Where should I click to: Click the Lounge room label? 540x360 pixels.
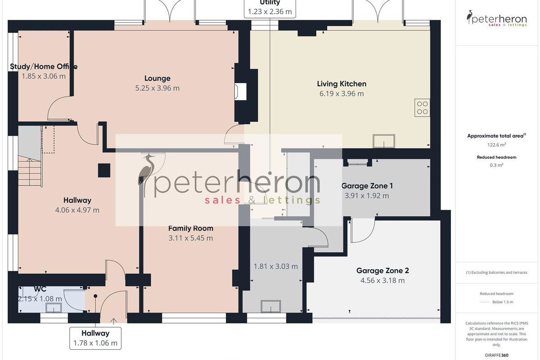click(x=157, y=78)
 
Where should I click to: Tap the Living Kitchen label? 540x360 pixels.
click(x=342, y=84)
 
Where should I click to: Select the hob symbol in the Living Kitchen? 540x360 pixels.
click(x=422, y=108)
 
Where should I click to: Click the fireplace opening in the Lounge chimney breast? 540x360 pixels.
click(x=241, y=92)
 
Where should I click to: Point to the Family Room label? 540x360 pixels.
click(x=191, y=228)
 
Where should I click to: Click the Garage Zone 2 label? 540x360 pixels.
click(x=382, y=271)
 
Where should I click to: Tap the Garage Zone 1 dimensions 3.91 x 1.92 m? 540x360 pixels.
click(x=367, y=196)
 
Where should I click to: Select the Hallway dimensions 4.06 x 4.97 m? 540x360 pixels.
click(x=77, y=210)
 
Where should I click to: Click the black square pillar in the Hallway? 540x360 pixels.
click(x=104, y=171)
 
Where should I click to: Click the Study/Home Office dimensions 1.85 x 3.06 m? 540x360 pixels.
click(x=44, y=76)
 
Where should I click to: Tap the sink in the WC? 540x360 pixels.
click(x=54, y=308)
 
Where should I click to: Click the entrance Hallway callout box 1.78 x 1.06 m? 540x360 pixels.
click(x=95, y=338)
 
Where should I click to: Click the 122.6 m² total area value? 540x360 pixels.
click(x=497, y=145)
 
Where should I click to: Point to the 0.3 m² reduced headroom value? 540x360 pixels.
click(x=497, y=165)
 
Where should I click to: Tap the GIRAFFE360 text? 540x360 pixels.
click(x=497, y=355)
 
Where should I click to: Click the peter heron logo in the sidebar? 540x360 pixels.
click(x=497, y=18)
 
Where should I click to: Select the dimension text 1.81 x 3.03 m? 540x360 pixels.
click(x=275, y=266)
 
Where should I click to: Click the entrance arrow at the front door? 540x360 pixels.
click(x=113, y=321)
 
